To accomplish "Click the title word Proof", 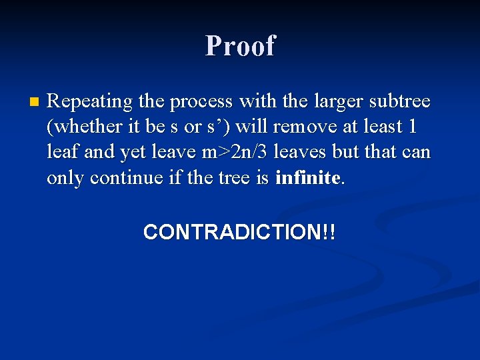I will click(240, 45).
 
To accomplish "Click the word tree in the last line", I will click(233, 177).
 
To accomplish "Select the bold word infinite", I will click(307, 177).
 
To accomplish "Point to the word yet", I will click(134, 152).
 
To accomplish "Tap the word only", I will click(65, 177).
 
